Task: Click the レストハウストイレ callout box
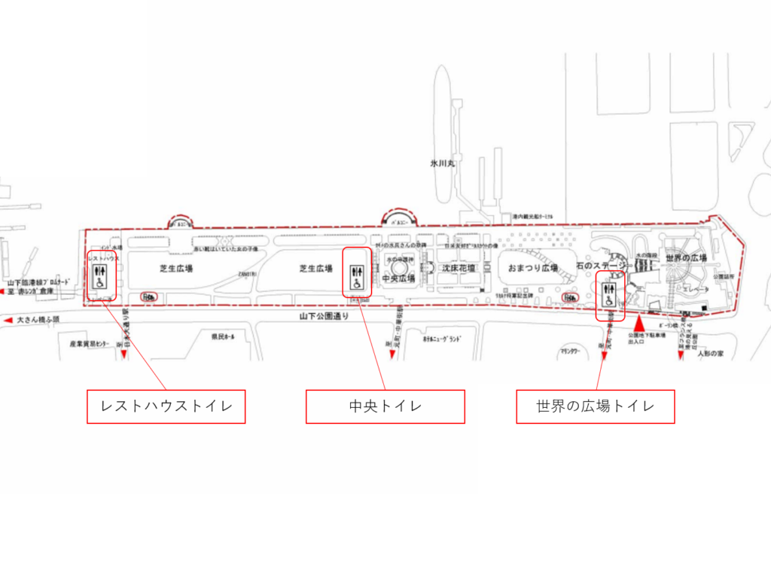(166, 406)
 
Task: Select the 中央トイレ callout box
(385, 406)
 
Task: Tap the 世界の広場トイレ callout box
(595, 406)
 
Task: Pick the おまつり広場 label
(533, 268)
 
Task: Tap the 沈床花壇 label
(459, 268)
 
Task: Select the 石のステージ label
(602, 265)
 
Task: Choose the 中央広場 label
(399, 277)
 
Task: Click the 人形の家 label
(709, 352)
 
